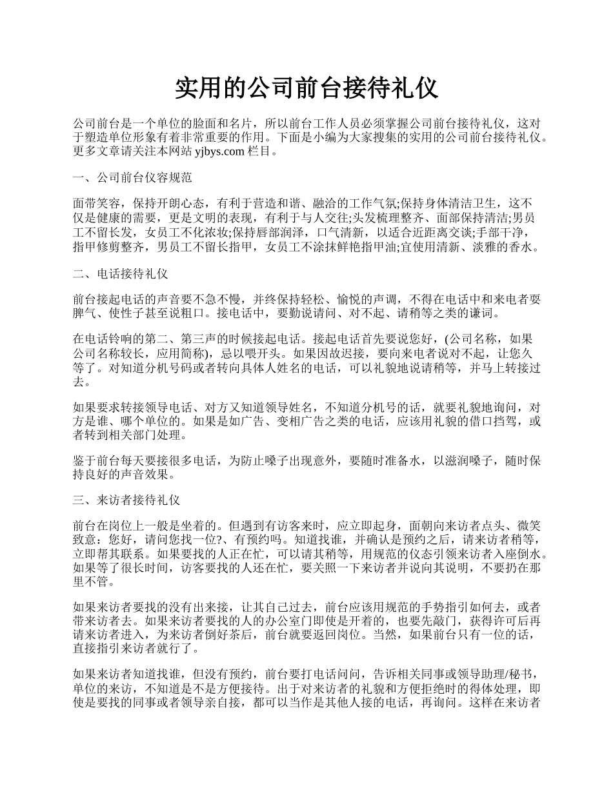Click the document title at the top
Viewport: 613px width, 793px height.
coord(306,88)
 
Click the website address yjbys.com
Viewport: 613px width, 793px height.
coord(219,152)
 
